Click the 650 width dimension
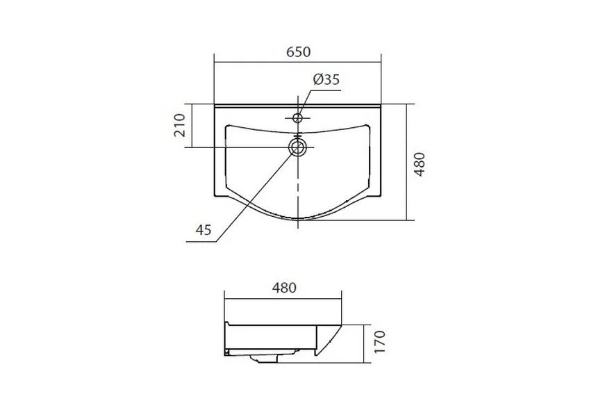[299, 51]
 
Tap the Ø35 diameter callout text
[326, 79]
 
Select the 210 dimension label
[179, 125]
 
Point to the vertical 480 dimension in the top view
[419, 164]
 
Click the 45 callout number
[204, 229]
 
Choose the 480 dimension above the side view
[284, 288]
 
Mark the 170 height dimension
[380, 342]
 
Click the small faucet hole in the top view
[297, 118]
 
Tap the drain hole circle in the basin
[297, 147]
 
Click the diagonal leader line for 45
[255, 194]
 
